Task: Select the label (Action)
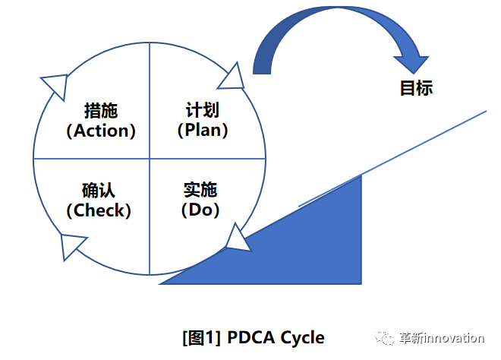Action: [101, 131]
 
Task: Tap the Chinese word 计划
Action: [203, 109]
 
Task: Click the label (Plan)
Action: [203, 130]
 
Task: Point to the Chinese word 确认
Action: [99, 190]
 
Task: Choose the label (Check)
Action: [99, 210]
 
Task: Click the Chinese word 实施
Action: [201, 189]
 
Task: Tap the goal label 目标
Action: [416, 88]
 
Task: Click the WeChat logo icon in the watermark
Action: [389, 338]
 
